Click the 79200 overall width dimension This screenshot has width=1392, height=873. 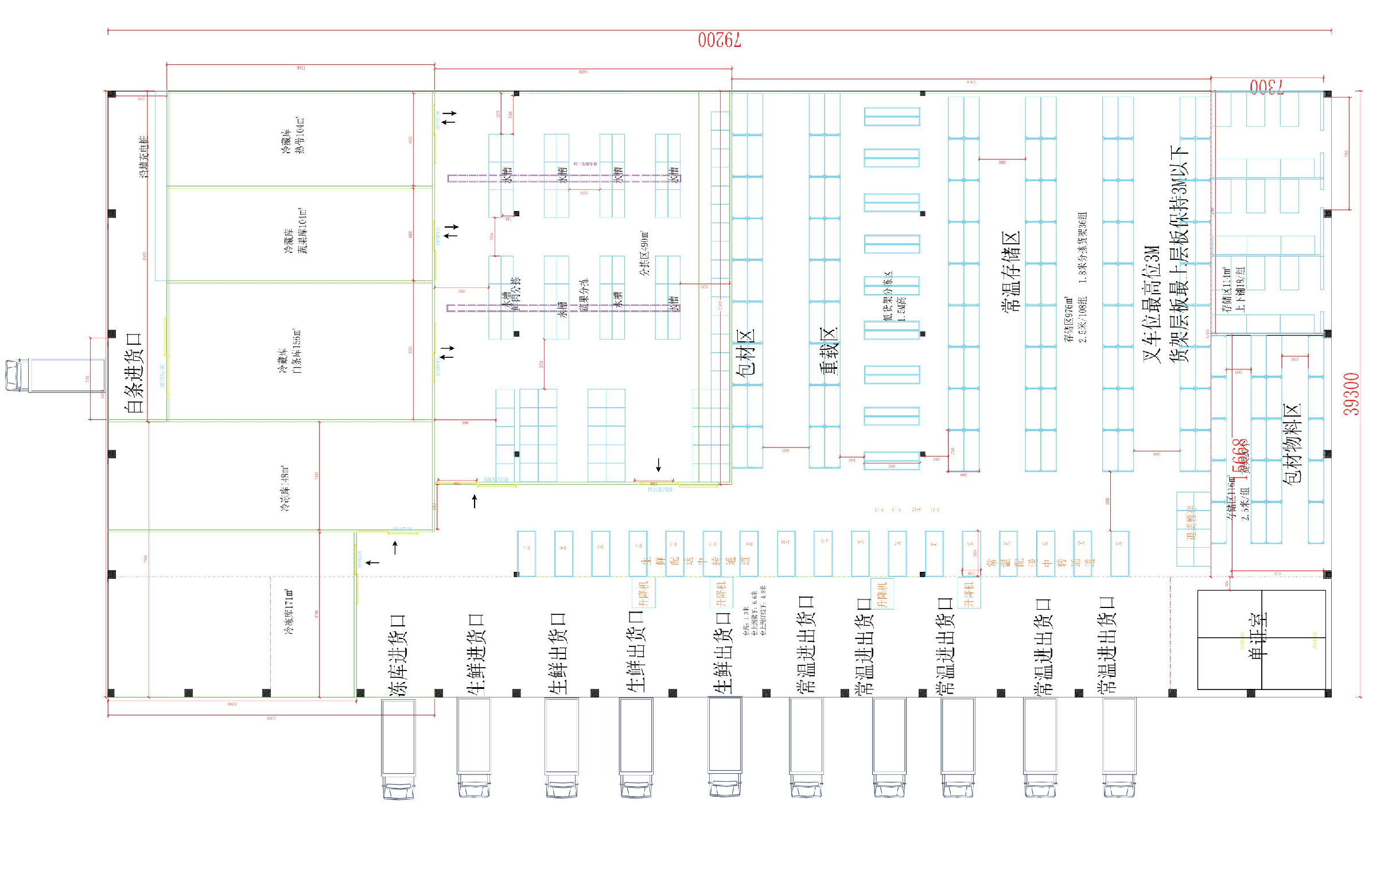click(719, 40)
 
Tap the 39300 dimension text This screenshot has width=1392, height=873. click(1352, 395)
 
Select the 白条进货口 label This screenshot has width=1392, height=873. click(134, 372)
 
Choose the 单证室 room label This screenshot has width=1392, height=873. click(1259, 635)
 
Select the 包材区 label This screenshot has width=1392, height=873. click(745, 358)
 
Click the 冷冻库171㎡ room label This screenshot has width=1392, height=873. click(289, 612)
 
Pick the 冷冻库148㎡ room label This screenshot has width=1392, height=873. click(285, 489)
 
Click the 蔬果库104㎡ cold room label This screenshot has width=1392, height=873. click(295, 231)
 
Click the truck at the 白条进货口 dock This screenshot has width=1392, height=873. click(55, 375)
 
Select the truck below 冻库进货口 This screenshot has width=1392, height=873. click(399, 748)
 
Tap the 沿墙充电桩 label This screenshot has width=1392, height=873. click(144, 157)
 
